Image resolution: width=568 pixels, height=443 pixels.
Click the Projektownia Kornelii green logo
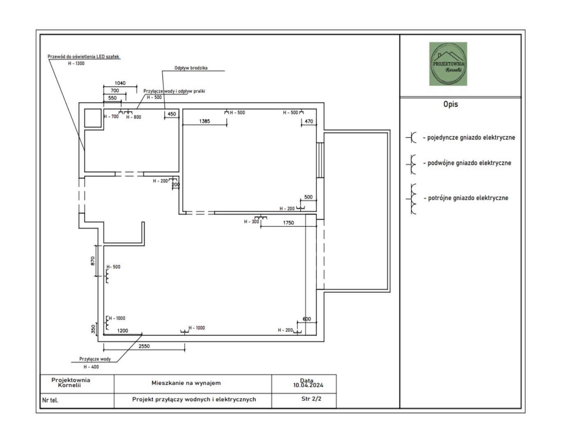click(448, 64)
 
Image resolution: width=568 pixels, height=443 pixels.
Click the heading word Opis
click(450, 104)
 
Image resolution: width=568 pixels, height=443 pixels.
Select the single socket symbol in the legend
click(411, 137)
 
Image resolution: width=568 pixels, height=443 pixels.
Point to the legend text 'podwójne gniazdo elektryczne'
click(469, 163)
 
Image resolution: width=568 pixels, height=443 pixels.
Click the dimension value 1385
click(204, 121)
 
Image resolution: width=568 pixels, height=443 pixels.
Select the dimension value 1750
click(289, 223)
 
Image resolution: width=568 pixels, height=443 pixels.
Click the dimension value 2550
click(144, 346)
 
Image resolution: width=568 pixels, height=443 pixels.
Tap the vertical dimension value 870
click(92, 261)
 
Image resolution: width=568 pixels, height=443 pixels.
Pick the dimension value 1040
click(120, 83)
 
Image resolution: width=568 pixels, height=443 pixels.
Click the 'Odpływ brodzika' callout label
click(191, 68)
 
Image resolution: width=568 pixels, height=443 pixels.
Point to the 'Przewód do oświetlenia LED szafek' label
click(83, 57)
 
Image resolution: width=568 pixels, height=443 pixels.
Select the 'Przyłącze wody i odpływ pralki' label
click(174, 91)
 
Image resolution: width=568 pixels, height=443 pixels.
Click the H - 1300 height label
click(76, 64)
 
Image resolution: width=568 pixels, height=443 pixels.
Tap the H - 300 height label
click(252, 222)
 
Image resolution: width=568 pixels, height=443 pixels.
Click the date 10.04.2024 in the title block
click(308, 385)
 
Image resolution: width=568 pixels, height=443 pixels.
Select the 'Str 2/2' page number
click(311, 399)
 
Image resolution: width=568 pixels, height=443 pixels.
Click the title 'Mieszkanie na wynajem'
click(186, 383)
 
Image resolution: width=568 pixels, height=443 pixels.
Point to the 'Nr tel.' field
click(50, 400)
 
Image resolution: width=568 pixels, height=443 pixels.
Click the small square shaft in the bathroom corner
click(93, 118)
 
